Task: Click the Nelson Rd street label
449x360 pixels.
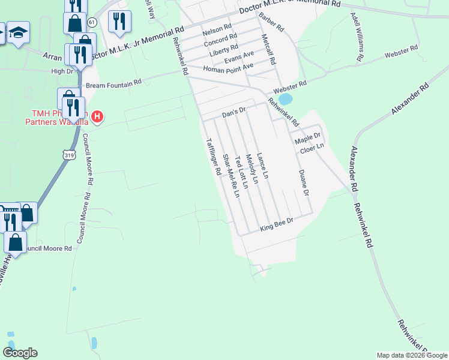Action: coord(217,30)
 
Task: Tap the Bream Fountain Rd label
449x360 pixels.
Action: coord(113,84)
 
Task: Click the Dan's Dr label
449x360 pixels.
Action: coord(234,111)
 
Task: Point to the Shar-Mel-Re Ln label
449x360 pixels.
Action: coord(231,176)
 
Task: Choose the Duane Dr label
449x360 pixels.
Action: coord(303,182)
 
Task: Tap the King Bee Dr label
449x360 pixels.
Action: coord(276,225)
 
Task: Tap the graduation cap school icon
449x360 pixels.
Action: coord(19,32)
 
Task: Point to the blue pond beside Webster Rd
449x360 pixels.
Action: coord(286,98)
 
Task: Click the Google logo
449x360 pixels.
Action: coord(20,352)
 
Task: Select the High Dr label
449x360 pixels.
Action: coord(62,71)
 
